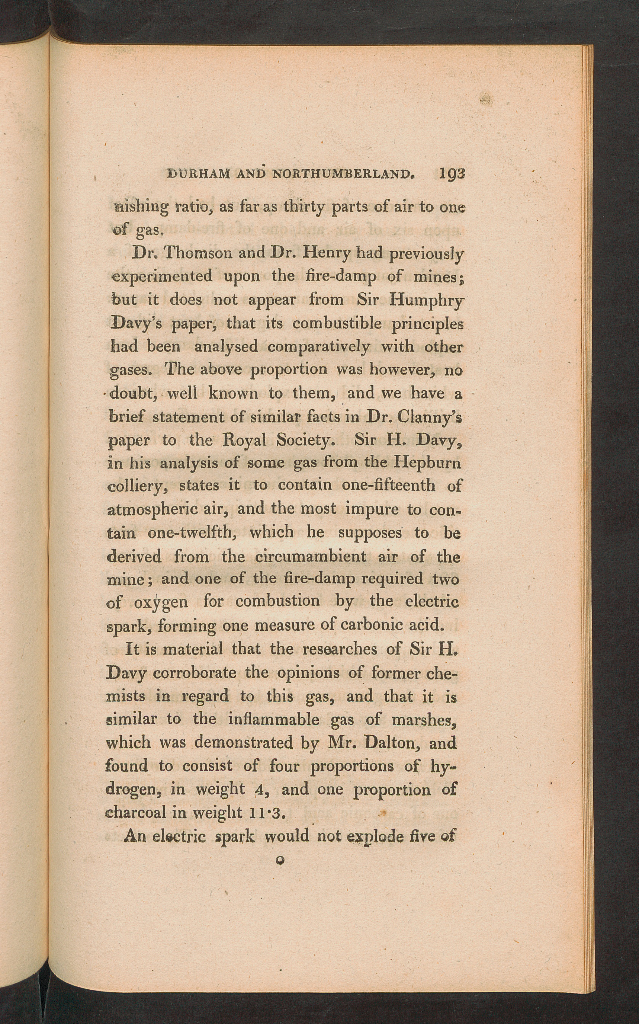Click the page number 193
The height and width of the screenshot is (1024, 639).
point(452,174)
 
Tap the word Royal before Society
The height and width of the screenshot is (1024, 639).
point(244,441)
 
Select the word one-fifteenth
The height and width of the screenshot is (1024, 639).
point(388,485)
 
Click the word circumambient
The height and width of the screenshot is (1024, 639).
point(311,556)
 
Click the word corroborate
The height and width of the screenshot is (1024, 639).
point(195,673)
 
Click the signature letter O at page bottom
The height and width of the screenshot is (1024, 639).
point(279,860)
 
